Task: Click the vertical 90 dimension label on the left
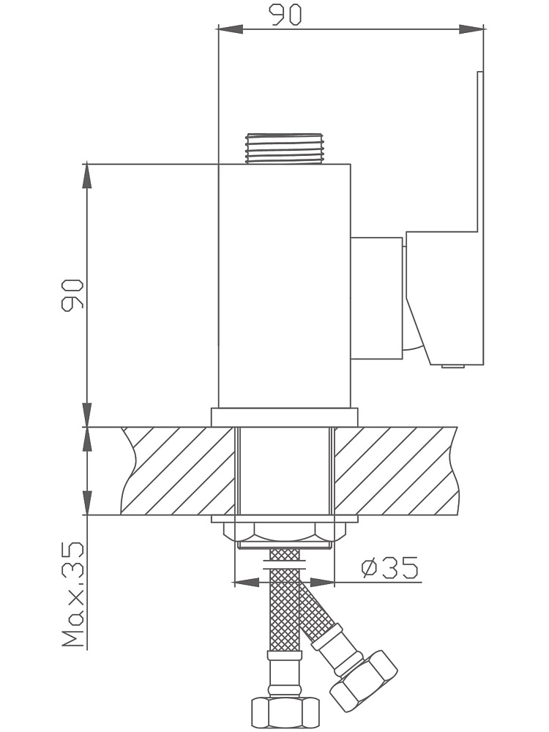tap(72, 294)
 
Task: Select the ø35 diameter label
tap(390, 568)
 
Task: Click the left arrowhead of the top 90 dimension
tap(231, 29)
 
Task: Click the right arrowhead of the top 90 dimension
tap(471, 29)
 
